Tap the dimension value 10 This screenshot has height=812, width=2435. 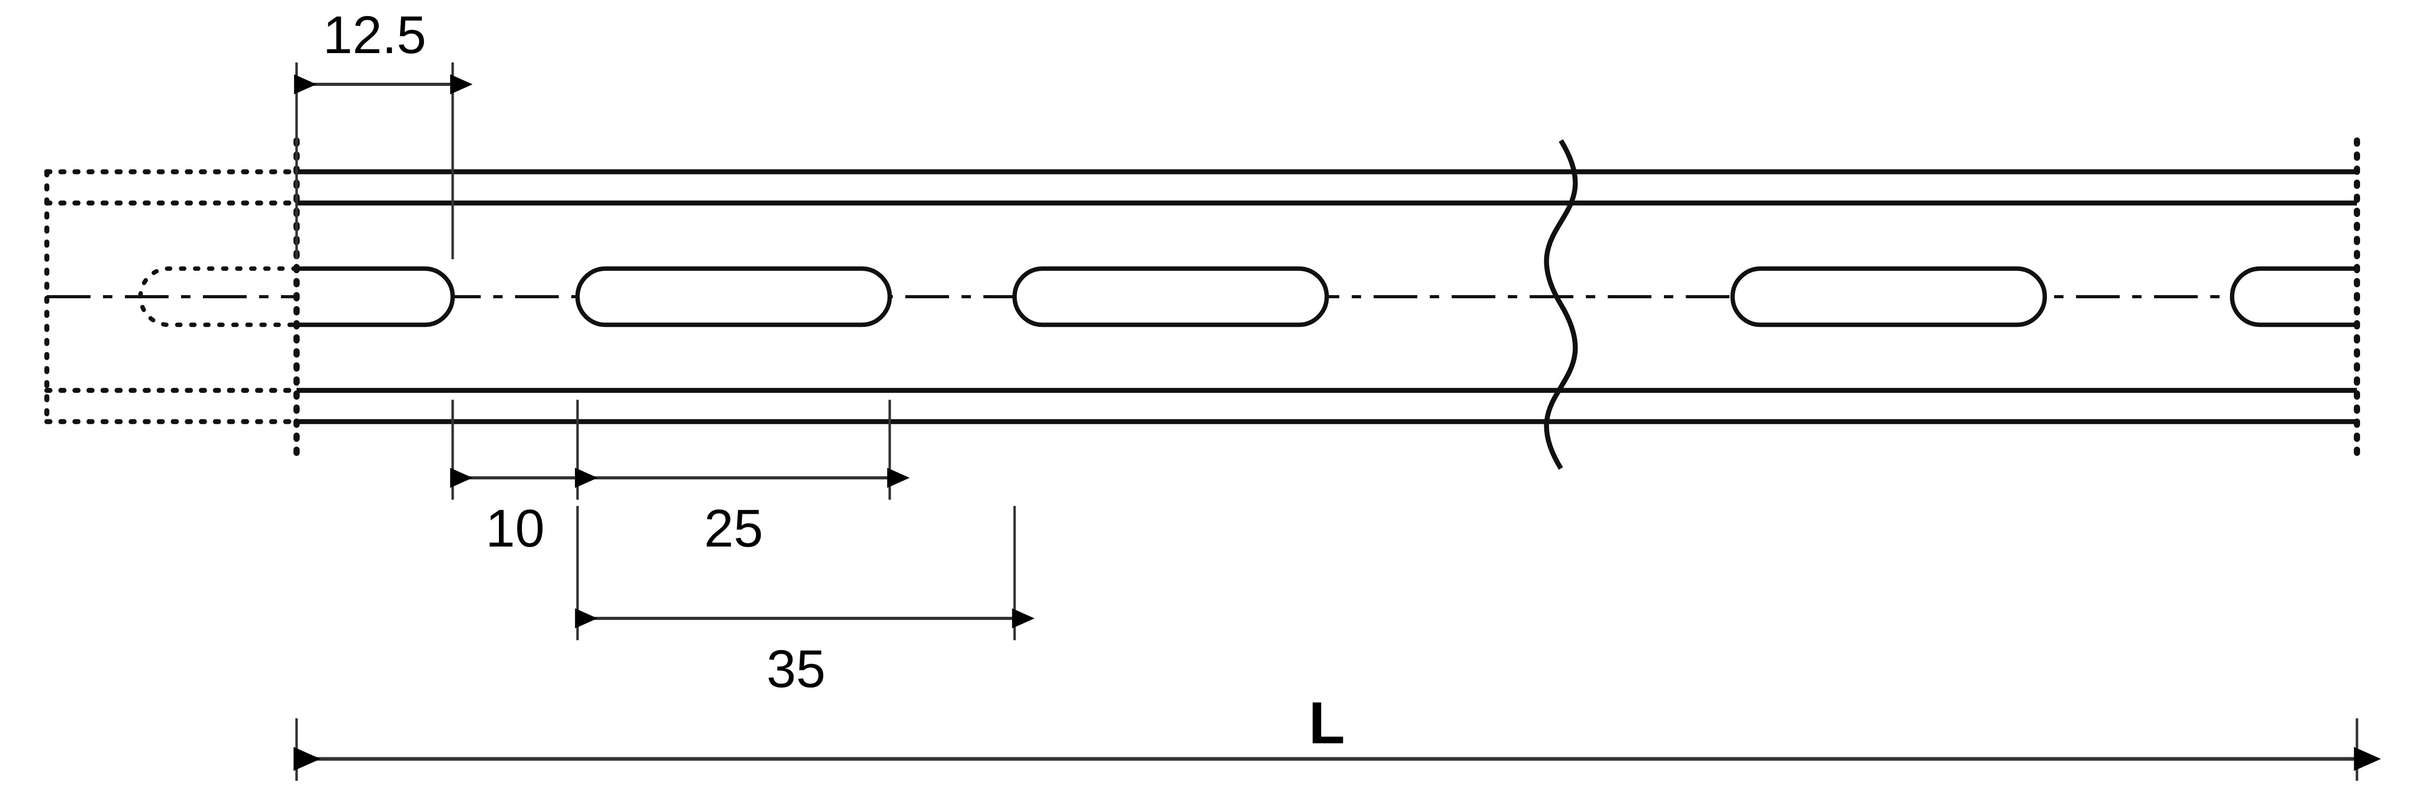click(515, 529)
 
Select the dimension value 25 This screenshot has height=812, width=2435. click(734, 529)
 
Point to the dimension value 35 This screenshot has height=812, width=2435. click(796, 670)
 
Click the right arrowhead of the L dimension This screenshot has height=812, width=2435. click(2367, 759)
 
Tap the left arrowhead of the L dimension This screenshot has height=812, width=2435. click(307, 759)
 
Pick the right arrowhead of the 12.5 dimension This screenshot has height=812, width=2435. click(462, 84)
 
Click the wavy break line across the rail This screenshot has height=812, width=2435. click(1560, 304)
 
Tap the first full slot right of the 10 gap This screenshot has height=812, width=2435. click(734, 269)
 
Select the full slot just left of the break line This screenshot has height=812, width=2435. click(1170, 269)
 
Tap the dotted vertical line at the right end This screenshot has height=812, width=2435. click(2356, 297)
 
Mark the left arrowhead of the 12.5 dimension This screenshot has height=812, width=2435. click(305, 84)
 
